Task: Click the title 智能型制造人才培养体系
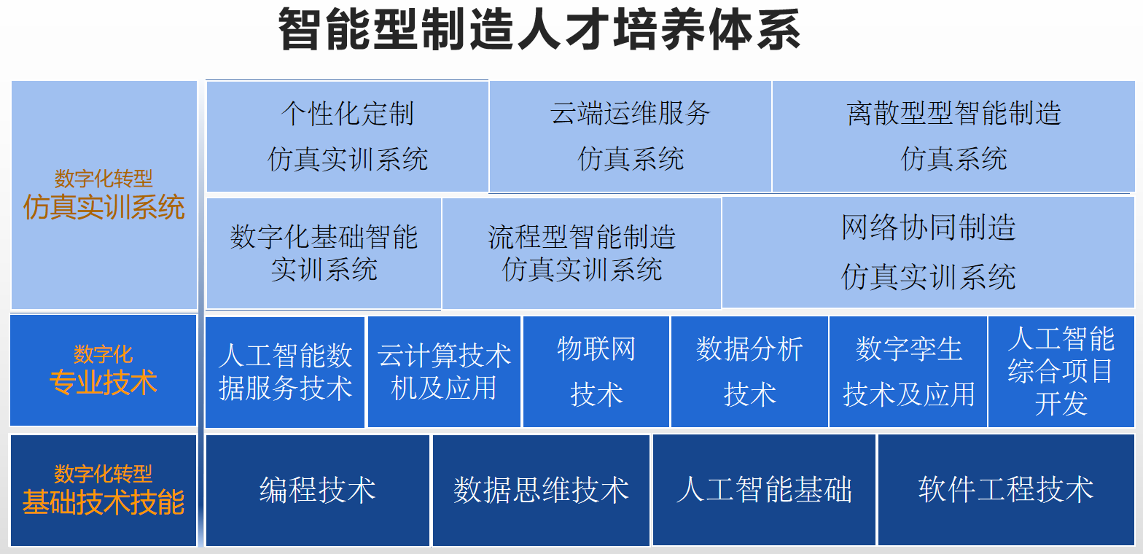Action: (539, 30)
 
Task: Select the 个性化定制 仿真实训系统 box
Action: (348, 136)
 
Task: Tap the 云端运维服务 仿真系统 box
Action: (630, 136)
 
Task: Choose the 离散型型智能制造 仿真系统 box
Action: (953, 136)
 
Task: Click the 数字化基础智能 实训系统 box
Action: (324, 253)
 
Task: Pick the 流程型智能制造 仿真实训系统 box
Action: (582, 253)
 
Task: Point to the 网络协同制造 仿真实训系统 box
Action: (928, 252)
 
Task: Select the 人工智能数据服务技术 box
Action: (285, 372)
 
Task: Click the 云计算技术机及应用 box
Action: (444, 371)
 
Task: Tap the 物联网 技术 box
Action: (596, 371)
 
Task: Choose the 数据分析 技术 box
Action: (749, 371)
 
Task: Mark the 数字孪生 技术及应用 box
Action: (908, 371)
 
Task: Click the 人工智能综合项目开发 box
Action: (1061, 371)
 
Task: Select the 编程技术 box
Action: (317, 491)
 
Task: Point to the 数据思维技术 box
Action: (541, 491)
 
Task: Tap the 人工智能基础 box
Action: (764, 491)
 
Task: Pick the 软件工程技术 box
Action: (1006, 491)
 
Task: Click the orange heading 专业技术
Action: (103, 383)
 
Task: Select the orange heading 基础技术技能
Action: (103, 502)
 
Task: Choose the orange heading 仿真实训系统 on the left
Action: (104, 207)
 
